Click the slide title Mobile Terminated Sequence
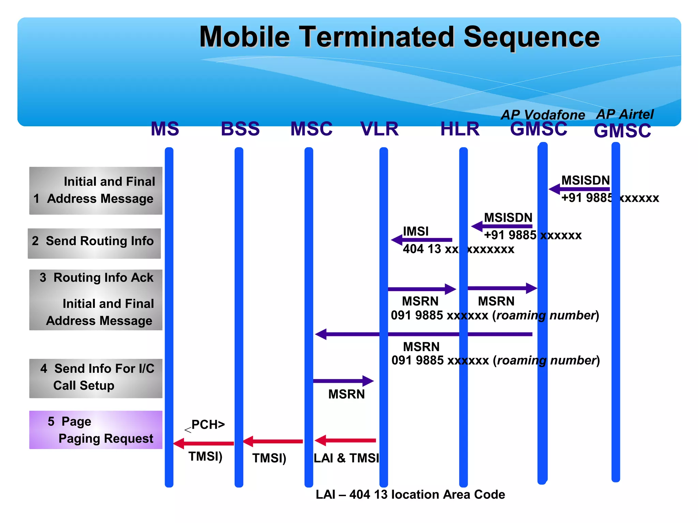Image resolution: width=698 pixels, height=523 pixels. [x=399, y=37]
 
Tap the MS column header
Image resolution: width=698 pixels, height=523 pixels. [x=165, y=129]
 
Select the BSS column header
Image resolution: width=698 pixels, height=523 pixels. [x=240, y=129]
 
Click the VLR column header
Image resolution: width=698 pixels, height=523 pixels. [x=379, y=129]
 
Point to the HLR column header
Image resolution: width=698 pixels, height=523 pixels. [x=460, y=129]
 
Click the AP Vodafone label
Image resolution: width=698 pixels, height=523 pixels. [x=543, y=115]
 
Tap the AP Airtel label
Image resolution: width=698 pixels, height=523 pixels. [x=625, y=114]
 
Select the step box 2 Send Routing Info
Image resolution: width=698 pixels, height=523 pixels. [x=94, y=243]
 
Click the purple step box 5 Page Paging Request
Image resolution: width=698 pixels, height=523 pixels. [x=96, y=430]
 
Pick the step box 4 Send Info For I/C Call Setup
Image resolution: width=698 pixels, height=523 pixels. [x=96, y=378]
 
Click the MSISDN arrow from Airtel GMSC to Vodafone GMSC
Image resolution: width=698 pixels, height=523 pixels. [x=579, y=189]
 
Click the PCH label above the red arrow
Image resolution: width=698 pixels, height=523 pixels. [x=208, y=425]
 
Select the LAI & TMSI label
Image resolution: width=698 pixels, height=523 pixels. [x=346, y=458]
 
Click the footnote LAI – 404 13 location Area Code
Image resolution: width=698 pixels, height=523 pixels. [x=410, y=494]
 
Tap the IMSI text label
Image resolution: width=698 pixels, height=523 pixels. [x=415, y=232]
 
